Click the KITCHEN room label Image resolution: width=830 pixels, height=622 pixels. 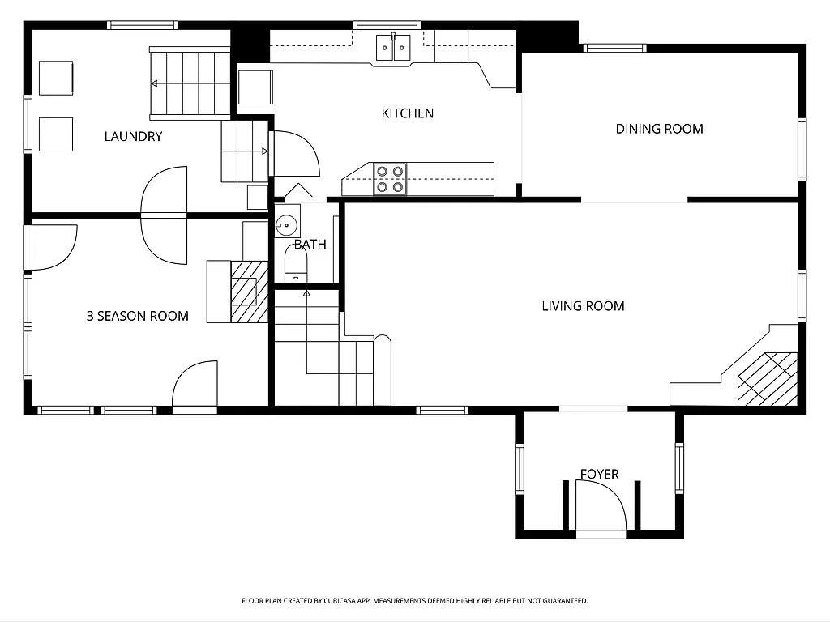tap(407, 113)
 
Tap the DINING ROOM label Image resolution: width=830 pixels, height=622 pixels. tap(659, 129)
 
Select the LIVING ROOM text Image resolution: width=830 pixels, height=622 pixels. tap(583, 306)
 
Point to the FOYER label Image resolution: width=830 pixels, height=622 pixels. tap(599, 474)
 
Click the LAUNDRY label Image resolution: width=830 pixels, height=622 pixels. tap(133, 137)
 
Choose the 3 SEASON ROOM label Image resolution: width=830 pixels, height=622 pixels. tap(137, 316)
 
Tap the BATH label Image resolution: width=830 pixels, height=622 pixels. tap(310, 244)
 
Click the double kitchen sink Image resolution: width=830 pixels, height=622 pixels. tap(395, 48)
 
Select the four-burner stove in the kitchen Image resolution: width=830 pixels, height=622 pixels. tap(390, 179)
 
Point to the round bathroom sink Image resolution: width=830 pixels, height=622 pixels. tap(286, 225)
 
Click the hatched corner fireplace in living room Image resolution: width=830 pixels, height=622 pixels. tap(767, 379)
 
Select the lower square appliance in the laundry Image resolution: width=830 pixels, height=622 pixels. tap(56, 134)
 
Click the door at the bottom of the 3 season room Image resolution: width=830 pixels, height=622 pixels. tap(195, 387)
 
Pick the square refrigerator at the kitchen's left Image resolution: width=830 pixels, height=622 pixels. tap(255, 87)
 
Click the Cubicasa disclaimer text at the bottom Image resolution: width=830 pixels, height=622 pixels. tap(414, 601)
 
